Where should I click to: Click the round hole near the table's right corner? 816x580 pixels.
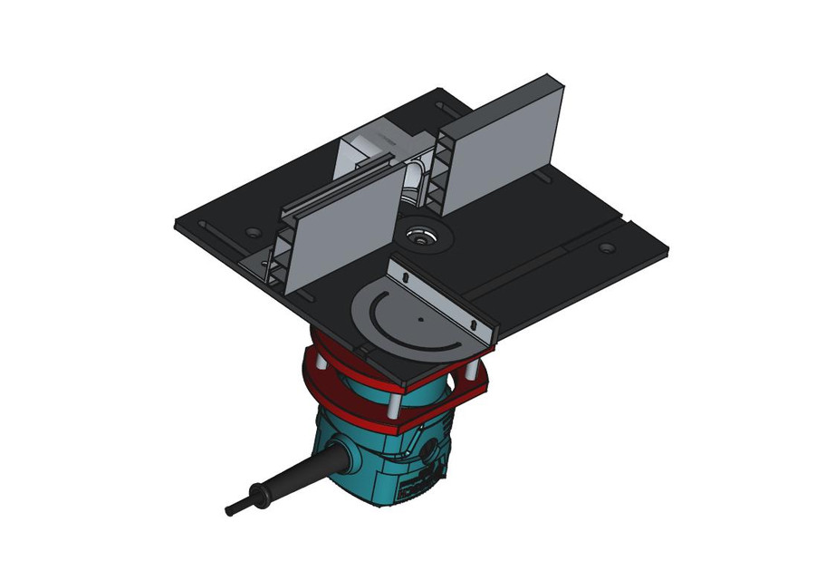[x=606, y=247]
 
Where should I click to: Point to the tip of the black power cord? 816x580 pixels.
[x=231, y=510]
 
